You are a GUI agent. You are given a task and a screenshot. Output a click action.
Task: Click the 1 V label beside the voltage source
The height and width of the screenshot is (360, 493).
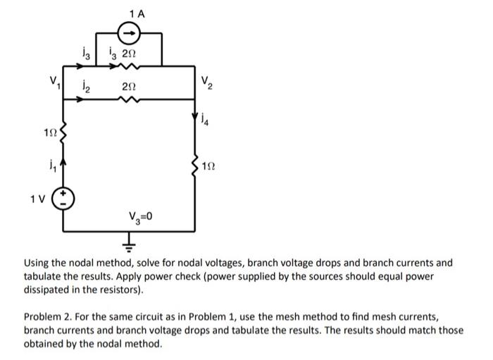tap(37, 198)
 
